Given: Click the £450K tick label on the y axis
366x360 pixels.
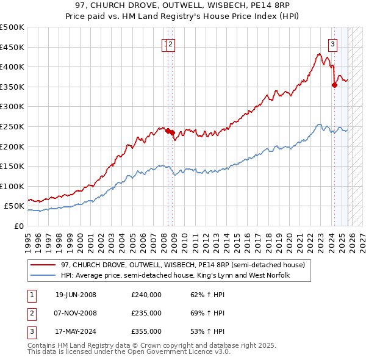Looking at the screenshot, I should pos(12,47).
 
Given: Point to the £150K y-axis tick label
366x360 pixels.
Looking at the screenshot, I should pos(12,166).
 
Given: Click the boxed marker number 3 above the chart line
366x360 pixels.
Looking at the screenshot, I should pos(333,43).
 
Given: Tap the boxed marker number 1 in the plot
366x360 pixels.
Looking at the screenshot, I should pos(165,43).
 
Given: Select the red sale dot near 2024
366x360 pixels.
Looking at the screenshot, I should pos(334,85).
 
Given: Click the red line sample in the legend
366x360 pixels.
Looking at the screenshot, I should pos(43,265).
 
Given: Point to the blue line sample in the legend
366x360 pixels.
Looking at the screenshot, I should pos(43,276).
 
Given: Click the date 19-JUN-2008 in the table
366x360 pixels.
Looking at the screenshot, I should pos(76,295).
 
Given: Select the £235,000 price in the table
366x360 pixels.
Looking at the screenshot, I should pos(146,313).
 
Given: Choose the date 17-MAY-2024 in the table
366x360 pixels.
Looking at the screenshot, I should pos(76,331).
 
